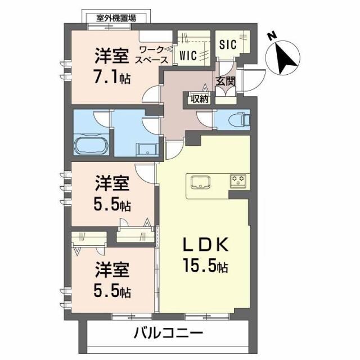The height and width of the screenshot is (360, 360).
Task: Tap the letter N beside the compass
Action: coord(272,35)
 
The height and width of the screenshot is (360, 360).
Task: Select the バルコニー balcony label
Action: coord(168,334)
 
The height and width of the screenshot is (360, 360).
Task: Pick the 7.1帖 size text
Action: coord(112,77)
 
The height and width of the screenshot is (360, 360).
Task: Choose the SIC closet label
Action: coord(227,44)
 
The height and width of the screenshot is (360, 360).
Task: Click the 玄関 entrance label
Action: coord(226,81)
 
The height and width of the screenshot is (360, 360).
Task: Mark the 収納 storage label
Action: coord(199,99)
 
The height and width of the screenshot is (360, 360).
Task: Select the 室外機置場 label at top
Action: coord(116,18)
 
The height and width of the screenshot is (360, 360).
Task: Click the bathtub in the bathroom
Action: coord(90,146)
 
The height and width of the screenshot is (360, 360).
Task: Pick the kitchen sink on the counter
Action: coord(200,183)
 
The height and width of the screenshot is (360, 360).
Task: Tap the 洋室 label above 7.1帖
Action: coord(111,57)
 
